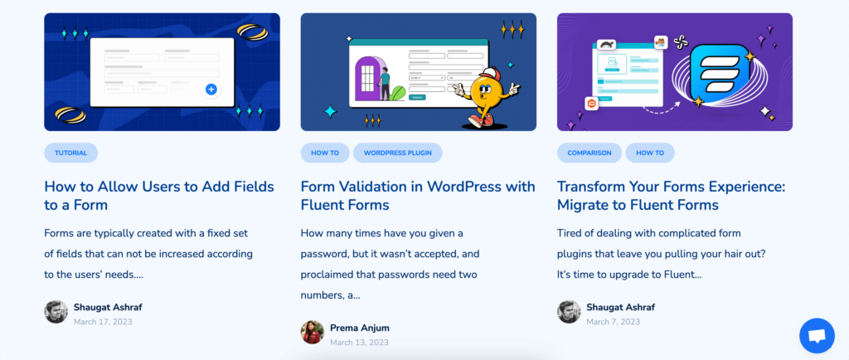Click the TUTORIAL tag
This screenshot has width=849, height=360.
pos(71,153)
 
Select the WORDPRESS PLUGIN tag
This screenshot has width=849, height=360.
pos(397,153)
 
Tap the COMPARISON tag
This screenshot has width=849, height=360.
pos(589,153)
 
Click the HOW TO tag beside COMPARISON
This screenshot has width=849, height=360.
pos(650,153)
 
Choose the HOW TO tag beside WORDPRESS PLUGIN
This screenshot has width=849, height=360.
pos(325,153)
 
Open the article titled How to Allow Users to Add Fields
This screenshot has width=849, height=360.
pos(159,196)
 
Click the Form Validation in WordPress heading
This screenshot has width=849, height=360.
pos(418,196)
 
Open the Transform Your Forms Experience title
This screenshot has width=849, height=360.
pos(671,196)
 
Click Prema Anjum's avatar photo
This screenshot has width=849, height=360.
pos(313,333)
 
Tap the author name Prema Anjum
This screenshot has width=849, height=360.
pos(360,328)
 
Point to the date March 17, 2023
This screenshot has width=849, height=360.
pos(103,322)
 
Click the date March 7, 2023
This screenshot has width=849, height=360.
pos(613,322)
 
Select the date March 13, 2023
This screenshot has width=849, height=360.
pos(360,342)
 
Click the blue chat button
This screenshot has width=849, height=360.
pos(817,336)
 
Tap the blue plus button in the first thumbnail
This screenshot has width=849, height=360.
pos(211,90)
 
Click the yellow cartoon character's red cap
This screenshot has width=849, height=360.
pos(489,74)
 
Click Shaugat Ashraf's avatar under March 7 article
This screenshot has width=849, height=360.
pos(569,312)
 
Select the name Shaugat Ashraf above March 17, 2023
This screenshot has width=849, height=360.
pos(108,307)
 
